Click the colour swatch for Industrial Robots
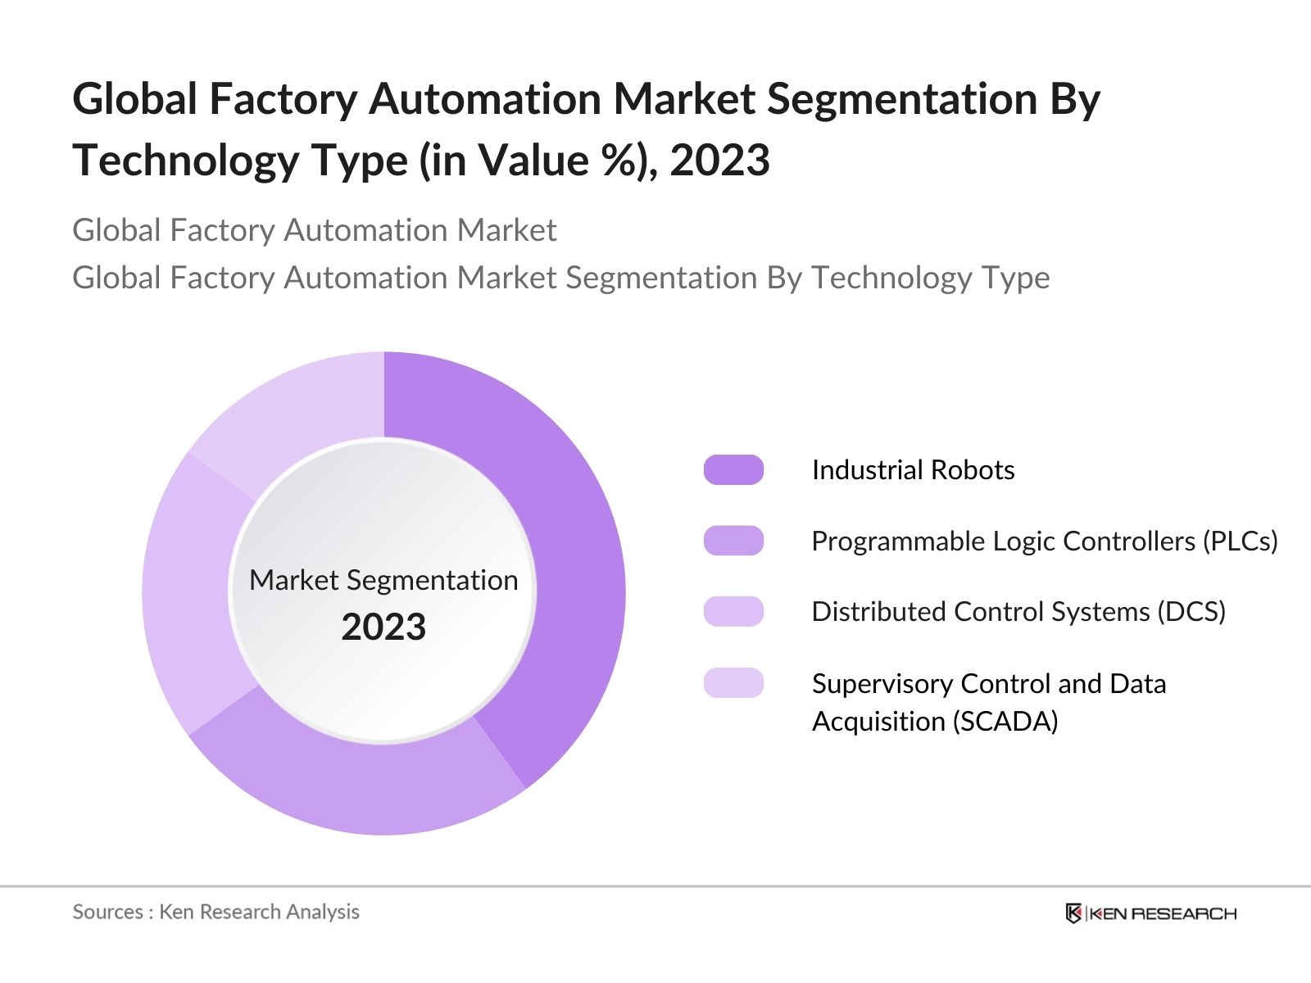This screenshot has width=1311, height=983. (x=733, y=470)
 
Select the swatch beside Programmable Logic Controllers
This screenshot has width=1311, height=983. (x=733, y=541)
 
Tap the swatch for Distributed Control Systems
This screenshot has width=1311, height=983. (x=733, y=612)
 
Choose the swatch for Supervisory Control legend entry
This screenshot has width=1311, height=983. (x=733, y=683)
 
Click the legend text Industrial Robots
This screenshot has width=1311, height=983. (x=913, y=470)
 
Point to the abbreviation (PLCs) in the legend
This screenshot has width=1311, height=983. (x=1240, y=541)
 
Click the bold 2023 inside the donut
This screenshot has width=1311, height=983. (x=383, y=627)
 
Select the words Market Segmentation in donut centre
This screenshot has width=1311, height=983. (x=383, y=580)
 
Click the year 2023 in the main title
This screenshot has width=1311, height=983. (x=719, y=160)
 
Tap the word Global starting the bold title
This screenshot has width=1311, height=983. (x=134, y=99)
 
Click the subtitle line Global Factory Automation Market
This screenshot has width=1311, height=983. (x=314, y=230)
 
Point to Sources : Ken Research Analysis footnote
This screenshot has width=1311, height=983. (x=215, y=912)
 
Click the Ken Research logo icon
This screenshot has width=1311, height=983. (x=1073, y=913)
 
